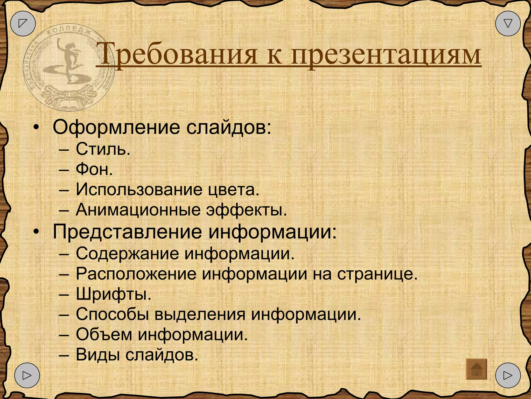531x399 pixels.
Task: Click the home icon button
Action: pos(476,369)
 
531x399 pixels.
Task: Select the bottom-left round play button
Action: pos(27,375)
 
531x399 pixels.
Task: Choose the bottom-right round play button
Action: pos(508,375)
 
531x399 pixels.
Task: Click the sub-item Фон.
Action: pos(94,170)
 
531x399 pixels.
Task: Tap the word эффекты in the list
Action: pos(246,210)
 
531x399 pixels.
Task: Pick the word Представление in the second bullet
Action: pos(127,231)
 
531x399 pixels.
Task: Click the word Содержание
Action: pos(127,253)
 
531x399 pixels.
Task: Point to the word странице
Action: pos(377,274)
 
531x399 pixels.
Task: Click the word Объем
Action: pos(104,335)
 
